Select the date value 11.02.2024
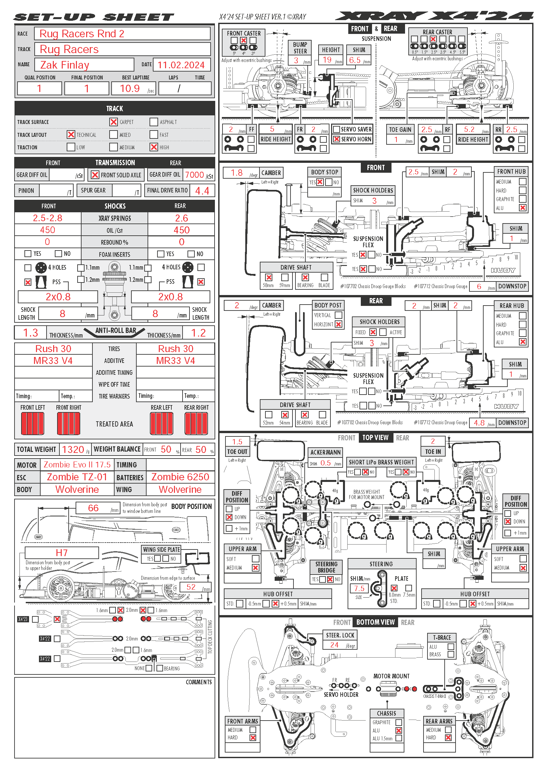pyautogui.click(x=181, y=65)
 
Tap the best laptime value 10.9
pyautogui.click(x=130, y=89)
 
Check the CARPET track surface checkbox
pyautogui.click(x=114, y=122)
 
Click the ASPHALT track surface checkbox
pyautogui.click(x=154, y=122)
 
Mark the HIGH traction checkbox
pyautogui.click(x=154, y=147)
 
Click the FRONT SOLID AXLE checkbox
pyautogui.click(x=95, y=175)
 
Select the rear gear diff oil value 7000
pyautogui.click(x=194, y=175)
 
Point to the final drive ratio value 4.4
pyautogui.click(x=202, y=191)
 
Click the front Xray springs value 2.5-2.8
pyautogui.click(x=48, y=218)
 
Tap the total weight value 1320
pyautogui.click(x=73, y=450)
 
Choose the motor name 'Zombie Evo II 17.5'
pyautogui.click(x=77, y=465)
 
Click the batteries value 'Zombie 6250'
pyautogui.click(x=180, y=477)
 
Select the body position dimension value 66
pyautogui.click(x=93, y=508)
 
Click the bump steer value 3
pyautogui.click(x=296, y=60)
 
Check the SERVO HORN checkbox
pyautogui.click(x=336, y=139)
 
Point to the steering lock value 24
pyautogui.click(x=334, y=645)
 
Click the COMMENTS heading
pyautogui.click(x=199, y=682)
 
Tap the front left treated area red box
pyautogui.click(x=33, y=424)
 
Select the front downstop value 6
pyautogui.click(x=479, y=286)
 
